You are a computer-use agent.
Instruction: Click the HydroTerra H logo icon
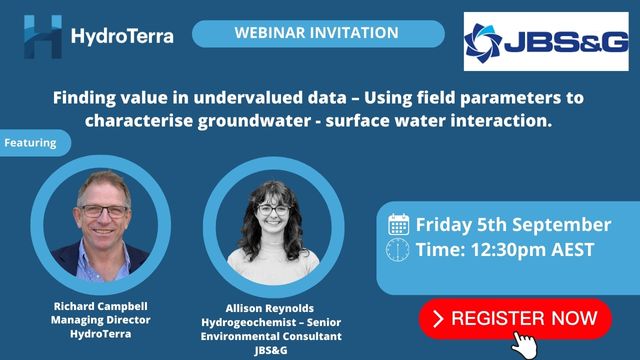pyautogui.click(x=43, y=36)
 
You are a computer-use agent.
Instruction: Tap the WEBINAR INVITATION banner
pyautogui.click(x=318, y=33)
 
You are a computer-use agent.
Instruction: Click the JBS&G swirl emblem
pyautogui.click(x=483, y=43)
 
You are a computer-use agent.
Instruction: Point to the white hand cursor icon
pyautogui.click(x=524, y=345)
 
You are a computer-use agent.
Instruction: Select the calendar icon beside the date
pyautogui.click(x=398, y=224)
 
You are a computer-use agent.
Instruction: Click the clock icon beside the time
pyautogui.click(x=398, y=250)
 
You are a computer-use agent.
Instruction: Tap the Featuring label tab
pyautogui.click(x=34, y=143)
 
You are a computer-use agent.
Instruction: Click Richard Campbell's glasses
pyautogui.click(x=104, y=211)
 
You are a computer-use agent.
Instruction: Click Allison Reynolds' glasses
pyautogui.click(x=273, y=210)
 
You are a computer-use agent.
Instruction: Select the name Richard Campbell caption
pyautogui.click(x=100, y=306)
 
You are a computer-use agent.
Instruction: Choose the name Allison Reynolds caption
pyautogui.click(x=270, y=308)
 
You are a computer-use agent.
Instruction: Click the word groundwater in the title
pyautogui.click(x=254, y=121)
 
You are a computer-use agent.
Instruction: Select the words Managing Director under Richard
pyautogui.click(x=100, y=320)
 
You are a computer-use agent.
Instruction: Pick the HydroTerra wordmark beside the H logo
pyautogui.click(x=122, y=36)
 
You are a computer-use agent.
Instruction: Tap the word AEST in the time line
pyautogui.click(x=573, y=250)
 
